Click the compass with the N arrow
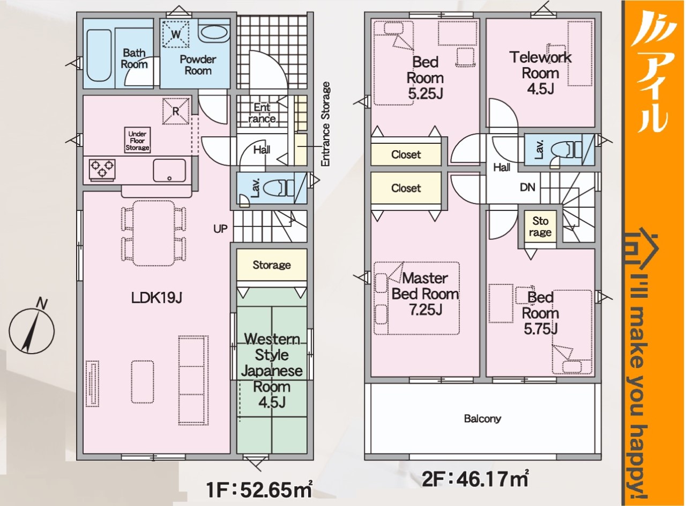coord(32,331)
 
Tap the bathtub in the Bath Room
coord(99,55)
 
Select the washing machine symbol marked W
coord(176,34)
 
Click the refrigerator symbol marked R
coord(176,111)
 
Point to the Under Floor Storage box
coord(137,141)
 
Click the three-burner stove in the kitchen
coord(102,169)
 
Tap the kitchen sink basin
coord(169,171)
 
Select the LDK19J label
coord(156,297)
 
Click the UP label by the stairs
coord(220,229)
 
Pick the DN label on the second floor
coord(527,187)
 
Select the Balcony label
coord(482,419)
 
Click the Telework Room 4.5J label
coord(541,73)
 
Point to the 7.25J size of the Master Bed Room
coord(426,310)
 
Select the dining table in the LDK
coord(154,233)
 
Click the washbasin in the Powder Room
coord(213,33)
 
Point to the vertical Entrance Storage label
coord(325,124)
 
